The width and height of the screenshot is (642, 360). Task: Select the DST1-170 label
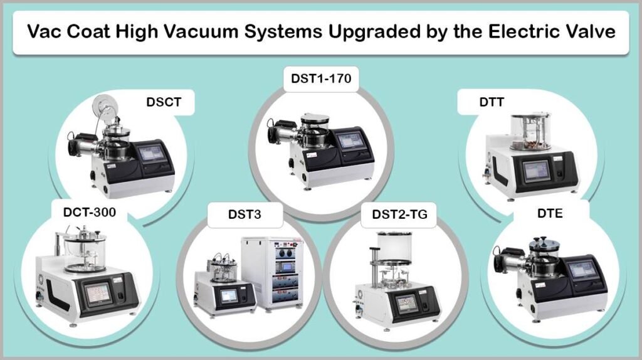[320, 79]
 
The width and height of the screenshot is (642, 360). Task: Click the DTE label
[549, 214]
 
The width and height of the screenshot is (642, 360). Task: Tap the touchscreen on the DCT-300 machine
[98, 292]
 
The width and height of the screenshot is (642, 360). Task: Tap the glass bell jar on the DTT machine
[530, 130]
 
